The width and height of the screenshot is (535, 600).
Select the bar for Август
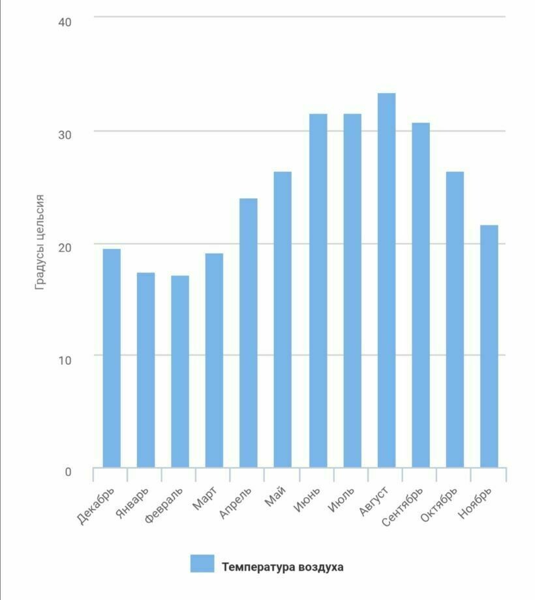click(386, 280)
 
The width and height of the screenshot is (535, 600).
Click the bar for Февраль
click(180, 371)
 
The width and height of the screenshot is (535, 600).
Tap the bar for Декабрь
click(112, 358)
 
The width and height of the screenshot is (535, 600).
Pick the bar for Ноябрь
click(489, 346)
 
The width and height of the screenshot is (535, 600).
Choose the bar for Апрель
click(249, 333)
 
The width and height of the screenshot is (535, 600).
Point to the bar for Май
click(283, 319)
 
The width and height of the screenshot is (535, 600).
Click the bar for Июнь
click(318, 291)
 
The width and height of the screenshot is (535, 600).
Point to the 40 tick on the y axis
click(65, 22)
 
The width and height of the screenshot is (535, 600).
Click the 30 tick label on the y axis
click(65, 134)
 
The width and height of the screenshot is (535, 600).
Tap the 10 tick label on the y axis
click(65, 359)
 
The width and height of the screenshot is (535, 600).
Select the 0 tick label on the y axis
click(68, 471)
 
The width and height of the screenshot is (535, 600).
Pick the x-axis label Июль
click(342, 500)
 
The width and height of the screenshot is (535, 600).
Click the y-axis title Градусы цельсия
click(40, 242)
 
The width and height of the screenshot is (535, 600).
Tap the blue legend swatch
click(202, 564)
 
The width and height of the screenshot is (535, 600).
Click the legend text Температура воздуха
click(283, 567)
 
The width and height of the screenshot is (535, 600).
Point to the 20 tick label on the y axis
click(65, 247)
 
